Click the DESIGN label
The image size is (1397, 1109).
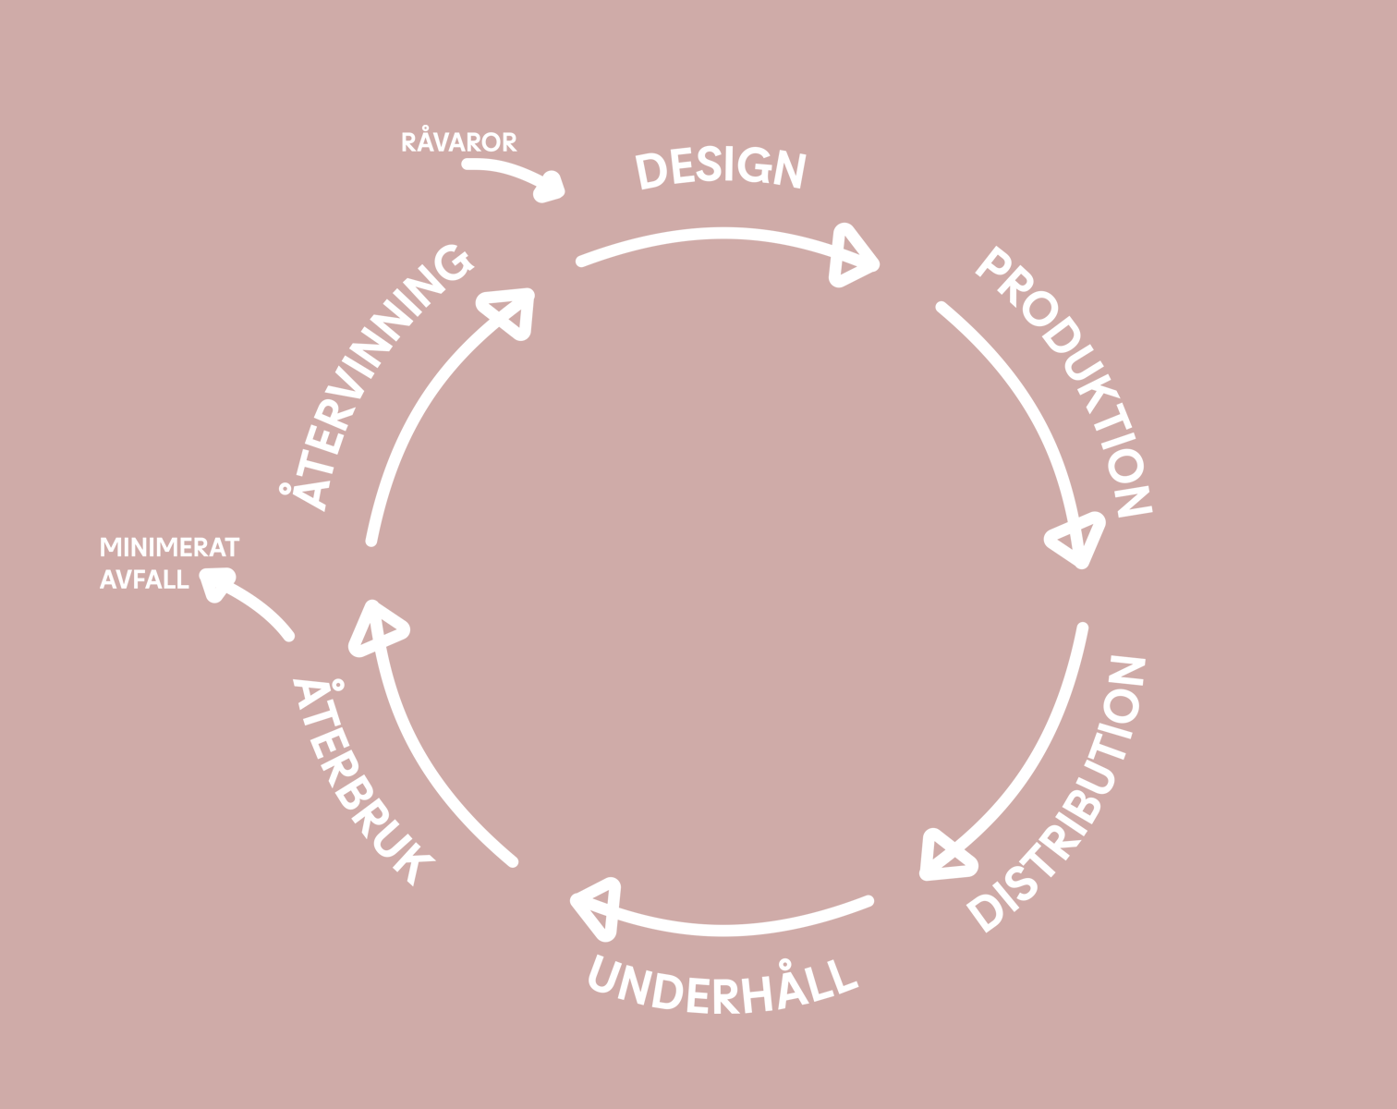721,168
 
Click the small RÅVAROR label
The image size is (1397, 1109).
458,142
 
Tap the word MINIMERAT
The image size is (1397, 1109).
169,547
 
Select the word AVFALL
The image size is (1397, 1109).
144,579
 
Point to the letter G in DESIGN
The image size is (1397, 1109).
756,166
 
